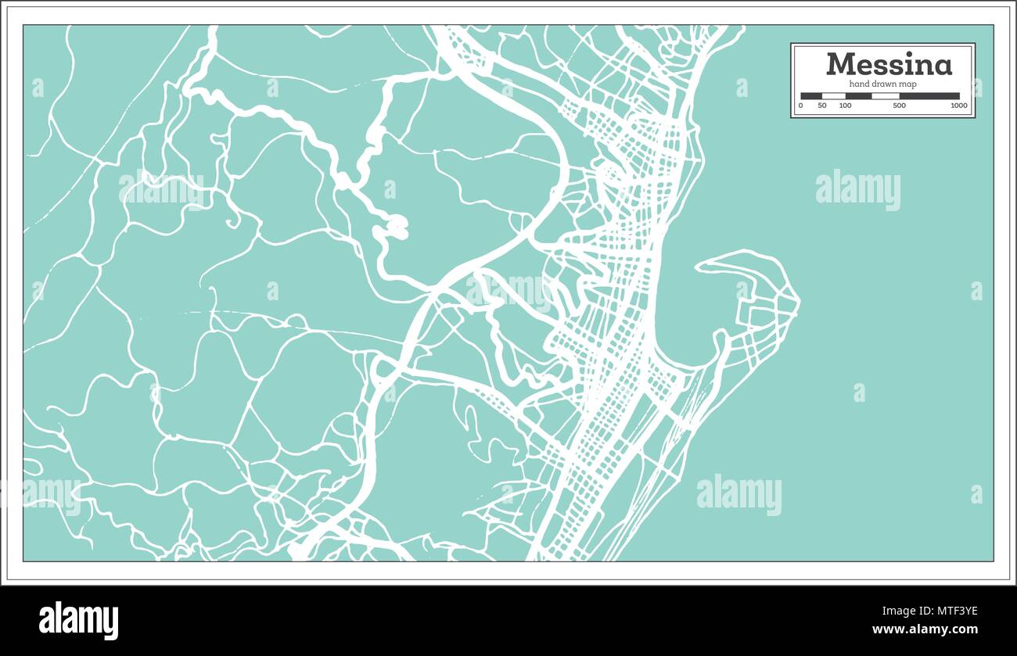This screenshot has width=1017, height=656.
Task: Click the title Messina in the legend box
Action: tap(889, 64)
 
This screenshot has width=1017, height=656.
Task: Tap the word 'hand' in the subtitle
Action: tap(861, 84)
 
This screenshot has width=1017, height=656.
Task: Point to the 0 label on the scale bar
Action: tap(800, 106)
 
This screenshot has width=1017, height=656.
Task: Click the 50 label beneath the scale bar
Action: tap(822, 106)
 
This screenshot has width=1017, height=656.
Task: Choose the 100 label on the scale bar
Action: tap(845, 106)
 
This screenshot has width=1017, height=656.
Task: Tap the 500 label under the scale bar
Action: tap(899, 106)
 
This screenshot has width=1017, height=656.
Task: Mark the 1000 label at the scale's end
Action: tap(958, 106)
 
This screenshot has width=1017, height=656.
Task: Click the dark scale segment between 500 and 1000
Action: tap(929, 96)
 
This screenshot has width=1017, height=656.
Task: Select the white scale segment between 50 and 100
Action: tap(834, 96)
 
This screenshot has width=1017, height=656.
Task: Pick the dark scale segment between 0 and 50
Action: tap(811, 96)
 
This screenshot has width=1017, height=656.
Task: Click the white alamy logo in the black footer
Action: tap(78, 620)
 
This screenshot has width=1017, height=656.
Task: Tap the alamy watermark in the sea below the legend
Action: tap(857, 189)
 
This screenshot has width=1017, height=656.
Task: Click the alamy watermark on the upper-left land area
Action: tap(161, 188)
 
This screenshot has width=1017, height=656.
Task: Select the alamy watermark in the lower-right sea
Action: tap(738, 494)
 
